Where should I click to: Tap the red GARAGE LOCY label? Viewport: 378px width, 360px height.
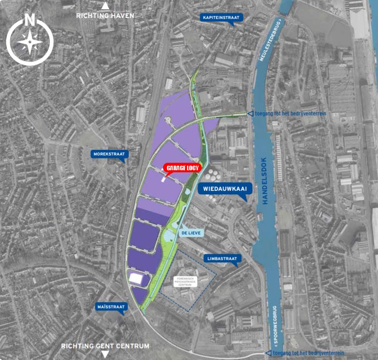click(182, 168)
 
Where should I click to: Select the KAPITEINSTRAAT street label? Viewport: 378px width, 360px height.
click(222, 18)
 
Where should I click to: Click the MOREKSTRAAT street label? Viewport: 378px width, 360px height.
click(108, 154)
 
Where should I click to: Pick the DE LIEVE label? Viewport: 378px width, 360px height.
click(190, 232)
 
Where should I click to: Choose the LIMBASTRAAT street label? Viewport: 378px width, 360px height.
click(221, 259)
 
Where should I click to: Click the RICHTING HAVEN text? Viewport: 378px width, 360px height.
click(105, 16)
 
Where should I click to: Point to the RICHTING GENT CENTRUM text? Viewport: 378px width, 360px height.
click(105, 346)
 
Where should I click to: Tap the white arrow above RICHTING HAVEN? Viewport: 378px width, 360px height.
click(105, 6)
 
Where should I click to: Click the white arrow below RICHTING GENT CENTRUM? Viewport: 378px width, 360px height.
click(105, 354)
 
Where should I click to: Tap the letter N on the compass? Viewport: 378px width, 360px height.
click(30, 21)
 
